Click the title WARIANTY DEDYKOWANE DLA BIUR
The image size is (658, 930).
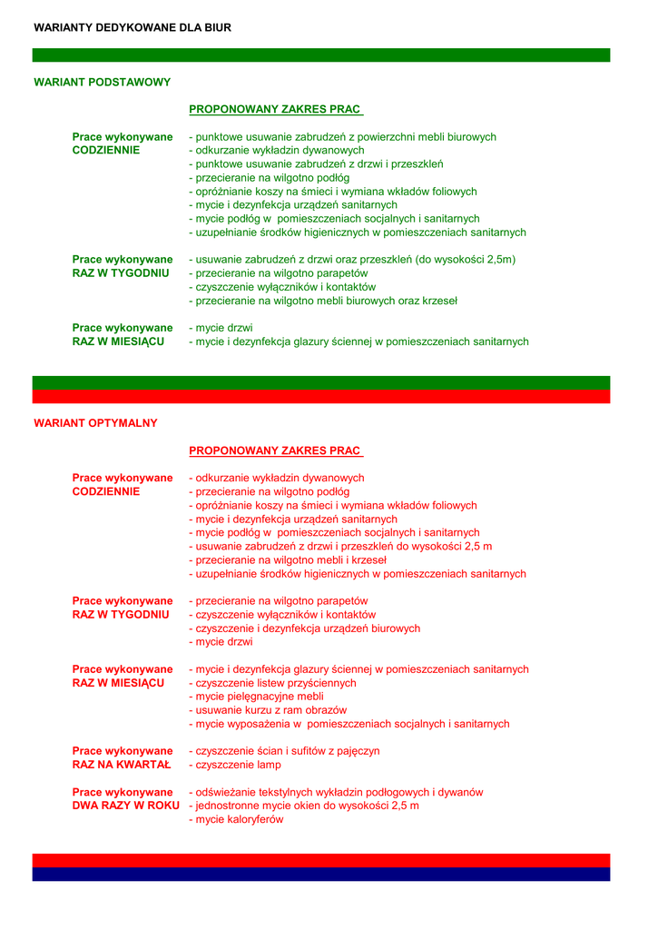tap(133, 28)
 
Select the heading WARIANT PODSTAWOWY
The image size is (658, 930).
tap(102, 83)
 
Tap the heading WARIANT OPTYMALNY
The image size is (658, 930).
tap(95, 423)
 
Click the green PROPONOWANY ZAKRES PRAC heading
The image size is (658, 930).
tap(275, 110)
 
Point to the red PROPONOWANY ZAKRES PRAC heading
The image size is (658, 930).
tap(275, 450)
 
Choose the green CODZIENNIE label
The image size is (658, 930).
tap(106, 151)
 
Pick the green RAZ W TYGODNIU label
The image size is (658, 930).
tap(121, 273)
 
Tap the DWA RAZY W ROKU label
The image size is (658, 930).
tap(125, 806)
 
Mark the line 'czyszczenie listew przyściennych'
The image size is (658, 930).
tap(272, 683)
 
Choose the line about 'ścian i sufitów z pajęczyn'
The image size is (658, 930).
tap(284, 751)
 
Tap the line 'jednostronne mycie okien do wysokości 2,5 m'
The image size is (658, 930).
tap(304, 806)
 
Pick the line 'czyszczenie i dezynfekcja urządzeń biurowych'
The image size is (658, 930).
tap(304, 628)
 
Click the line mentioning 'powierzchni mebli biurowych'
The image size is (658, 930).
tap(342, 137)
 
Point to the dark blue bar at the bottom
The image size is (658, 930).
tap(321, 875)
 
